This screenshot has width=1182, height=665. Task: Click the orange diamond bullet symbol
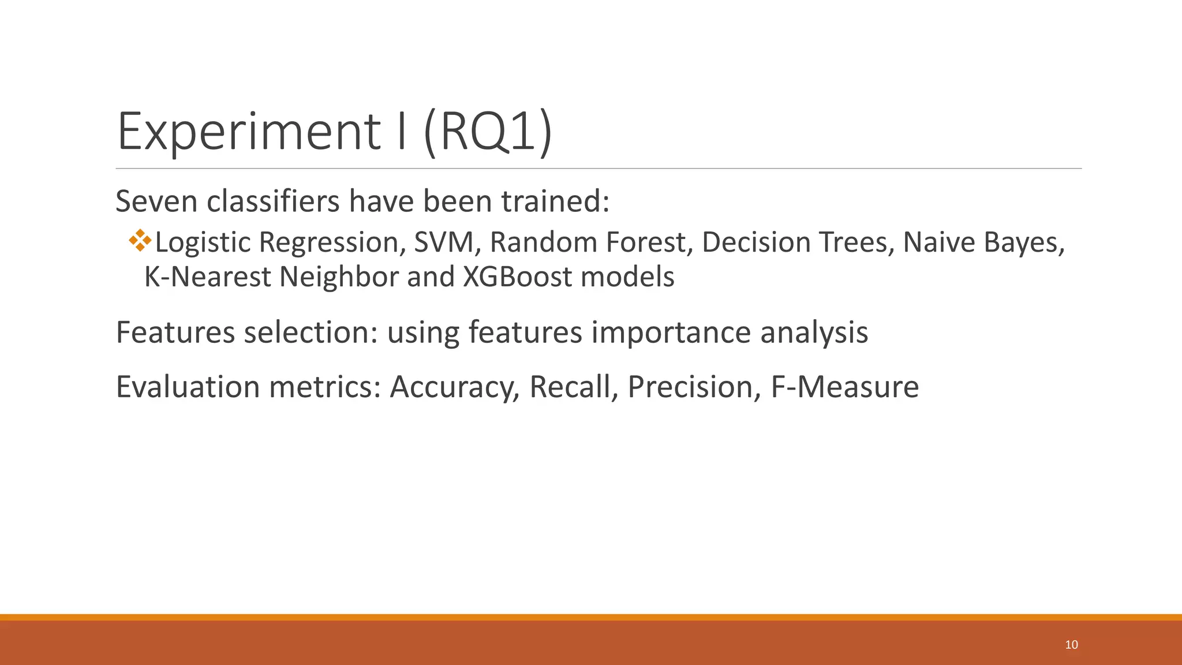[x=140, y=240]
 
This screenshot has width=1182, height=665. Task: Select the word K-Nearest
[x=207, y=277]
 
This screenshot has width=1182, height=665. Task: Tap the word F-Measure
[x=845, y=387]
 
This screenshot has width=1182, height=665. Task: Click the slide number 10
[x=1071, y=645]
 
